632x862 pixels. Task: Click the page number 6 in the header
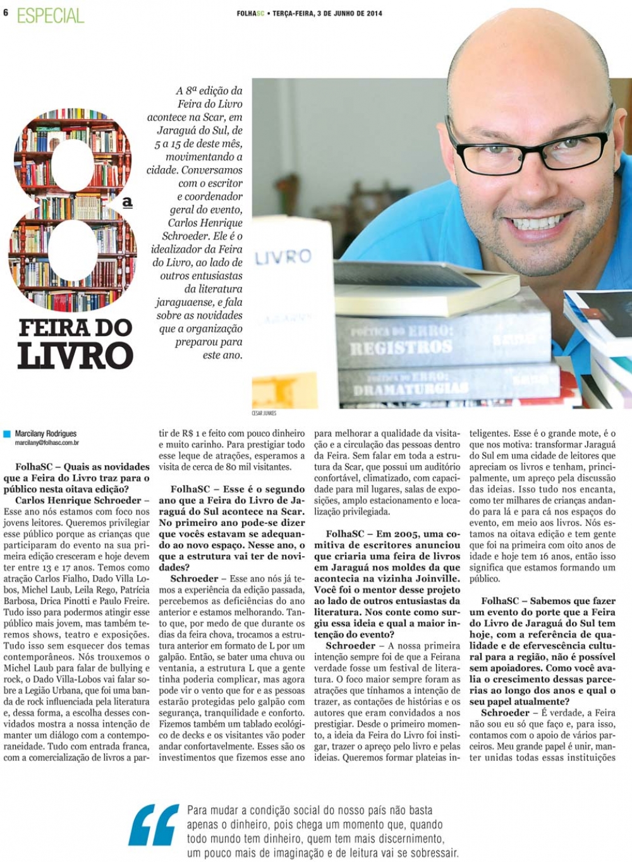click(6, 12)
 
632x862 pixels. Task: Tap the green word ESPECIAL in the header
click(51, 15)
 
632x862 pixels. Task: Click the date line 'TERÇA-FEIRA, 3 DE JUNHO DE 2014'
click(327, 13)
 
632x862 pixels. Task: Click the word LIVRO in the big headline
click(75, 356)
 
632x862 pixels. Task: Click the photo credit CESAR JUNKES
click(264, 413)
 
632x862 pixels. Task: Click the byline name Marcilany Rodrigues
click(46, 434)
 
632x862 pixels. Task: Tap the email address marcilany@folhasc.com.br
click(47, 444)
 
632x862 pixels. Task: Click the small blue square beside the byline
click(7, 434)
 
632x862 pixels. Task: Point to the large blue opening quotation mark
click(154, 825)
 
